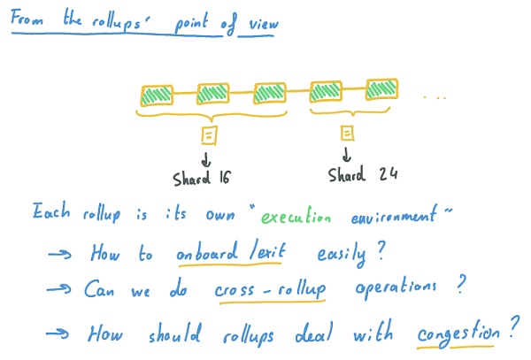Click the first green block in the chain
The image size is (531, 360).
pyautogui.click(x=158, y=94)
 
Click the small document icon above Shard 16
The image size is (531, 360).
pyautogui.click(x=209, y=134)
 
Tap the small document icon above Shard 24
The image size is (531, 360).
pyautogui.click(x=347, y=133)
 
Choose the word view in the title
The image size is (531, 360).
pyautogui.click(x=258, y=23)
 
